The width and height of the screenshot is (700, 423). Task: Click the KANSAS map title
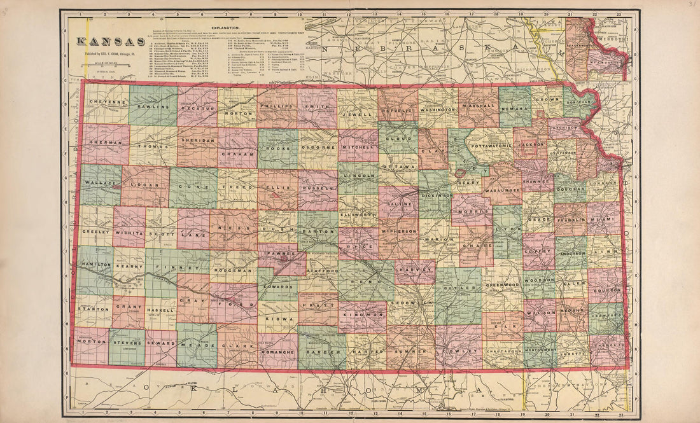coord(110,42)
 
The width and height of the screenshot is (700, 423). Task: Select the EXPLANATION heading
coord(222,29)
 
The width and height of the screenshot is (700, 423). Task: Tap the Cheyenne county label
coord(104,102)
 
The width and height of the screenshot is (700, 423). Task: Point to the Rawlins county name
coord(153,107)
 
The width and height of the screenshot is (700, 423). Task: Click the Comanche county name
coord(277,350)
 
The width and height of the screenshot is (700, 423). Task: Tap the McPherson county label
coord(399,231)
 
